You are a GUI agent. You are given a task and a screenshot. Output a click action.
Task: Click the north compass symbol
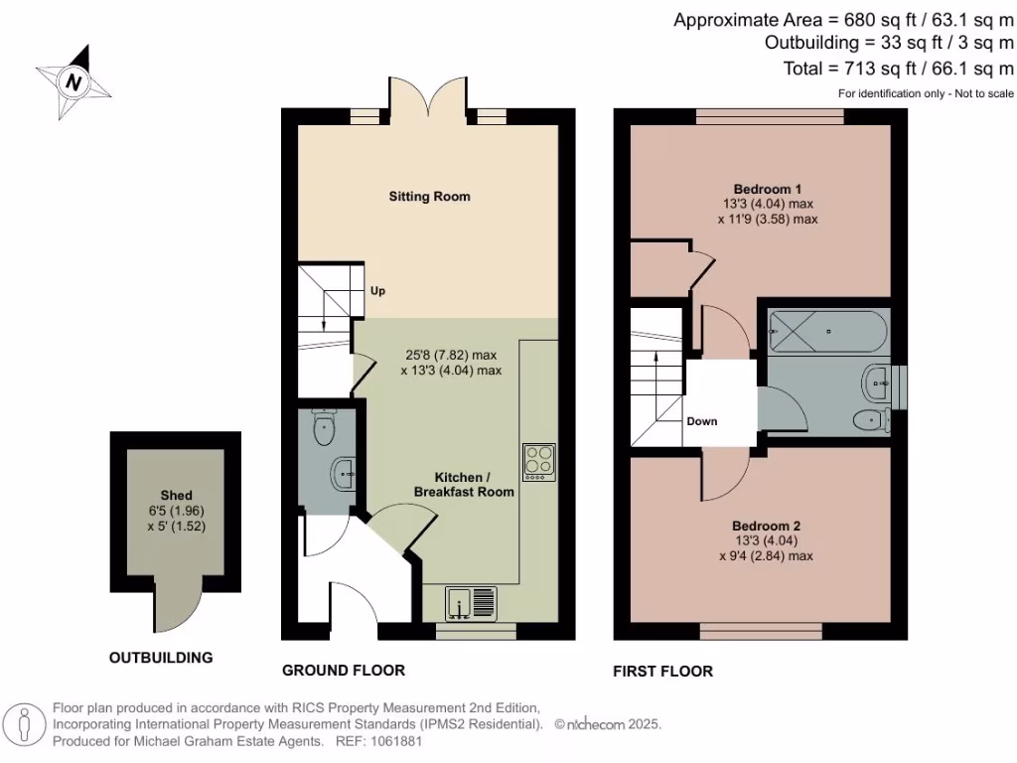coord(73,79)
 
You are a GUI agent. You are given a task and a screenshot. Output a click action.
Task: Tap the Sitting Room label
coord(429,197)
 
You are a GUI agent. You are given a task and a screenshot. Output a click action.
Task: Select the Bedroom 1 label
coord(767,189)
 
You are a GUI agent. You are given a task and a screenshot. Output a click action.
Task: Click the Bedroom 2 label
coord(766,526)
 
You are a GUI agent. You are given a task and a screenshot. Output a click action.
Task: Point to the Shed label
coord(176,495)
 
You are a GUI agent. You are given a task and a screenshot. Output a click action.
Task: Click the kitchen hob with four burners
coord(538,461)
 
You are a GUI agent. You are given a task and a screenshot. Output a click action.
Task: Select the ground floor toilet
coord(324,428)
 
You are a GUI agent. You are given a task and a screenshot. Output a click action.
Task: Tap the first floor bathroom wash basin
coord(876,378)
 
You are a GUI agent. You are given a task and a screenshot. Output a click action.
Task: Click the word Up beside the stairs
coord(377,291)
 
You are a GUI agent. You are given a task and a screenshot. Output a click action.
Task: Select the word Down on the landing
coord(701,421)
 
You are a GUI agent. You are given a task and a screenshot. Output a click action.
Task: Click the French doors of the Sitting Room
coord(428,99)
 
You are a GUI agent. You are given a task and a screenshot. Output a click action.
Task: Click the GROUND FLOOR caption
coord(343,671)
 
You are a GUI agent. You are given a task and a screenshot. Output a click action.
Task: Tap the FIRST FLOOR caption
coord(662,671)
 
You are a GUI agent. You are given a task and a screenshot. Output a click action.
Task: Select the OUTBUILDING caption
coord(161,658)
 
